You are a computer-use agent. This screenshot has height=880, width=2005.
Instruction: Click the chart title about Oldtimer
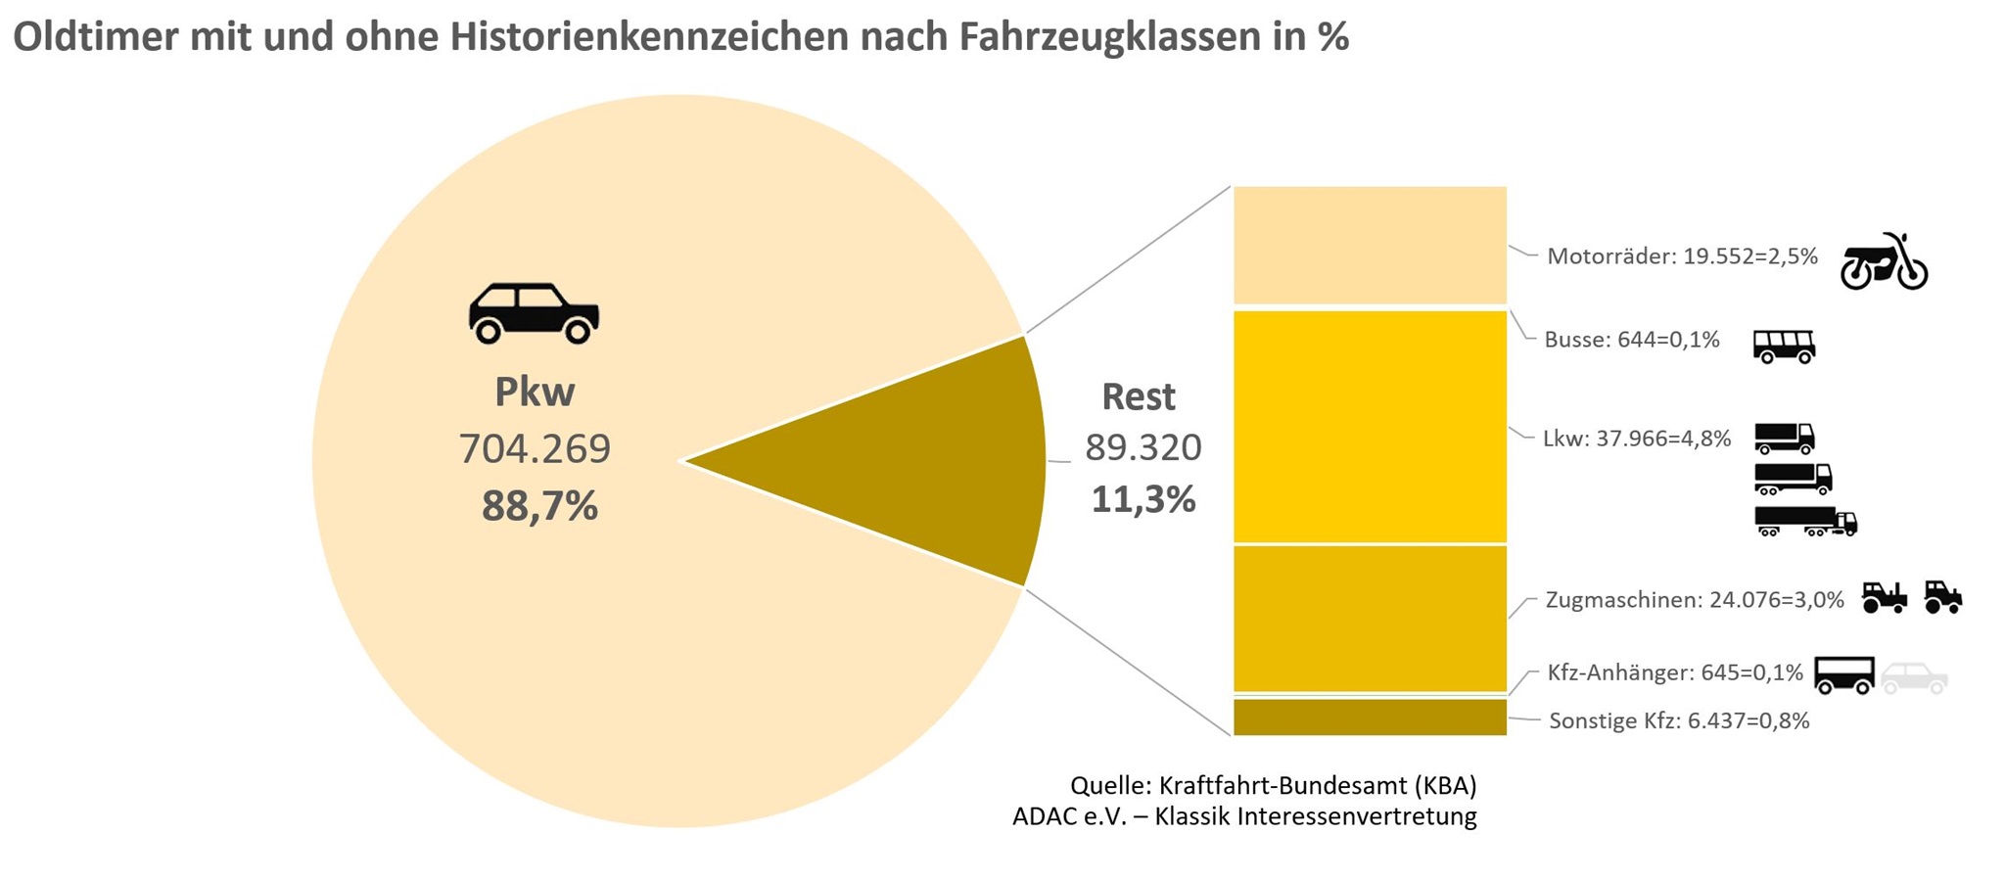pos(680,37)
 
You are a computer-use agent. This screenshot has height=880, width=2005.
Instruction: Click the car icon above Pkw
pos(534,313)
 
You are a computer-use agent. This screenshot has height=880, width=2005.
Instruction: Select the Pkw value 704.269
pos(535,448)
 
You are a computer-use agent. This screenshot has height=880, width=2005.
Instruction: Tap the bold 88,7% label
pos(539,506)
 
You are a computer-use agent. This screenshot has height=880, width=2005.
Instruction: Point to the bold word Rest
pos(1138,396)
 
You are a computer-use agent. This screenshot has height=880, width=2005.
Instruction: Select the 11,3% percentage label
pos(1143,499)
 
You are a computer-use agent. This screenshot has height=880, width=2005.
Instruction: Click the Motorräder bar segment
pos(1369,245)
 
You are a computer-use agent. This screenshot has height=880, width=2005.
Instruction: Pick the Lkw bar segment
pos(1369,426)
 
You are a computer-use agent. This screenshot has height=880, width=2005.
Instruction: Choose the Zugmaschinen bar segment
pos(1369,619)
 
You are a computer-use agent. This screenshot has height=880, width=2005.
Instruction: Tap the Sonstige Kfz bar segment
pos(1369,717)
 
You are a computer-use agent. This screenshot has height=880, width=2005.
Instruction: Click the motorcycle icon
pos(1883,262)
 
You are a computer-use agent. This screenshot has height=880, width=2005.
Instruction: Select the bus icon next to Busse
pos(1783,346)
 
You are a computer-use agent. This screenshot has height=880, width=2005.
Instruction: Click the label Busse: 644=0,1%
pos(1631,340)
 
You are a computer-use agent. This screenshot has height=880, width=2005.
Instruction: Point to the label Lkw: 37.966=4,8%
pos(1637,438)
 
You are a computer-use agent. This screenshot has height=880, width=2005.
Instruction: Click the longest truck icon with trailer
pos(1805,522)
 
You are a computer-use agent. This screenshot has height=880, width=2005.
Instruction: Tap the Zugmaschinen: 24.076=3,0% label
pos(1694,599)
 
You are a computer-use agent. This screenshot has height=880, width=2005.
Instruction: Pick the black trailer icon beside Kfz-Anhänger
pos(1844,674)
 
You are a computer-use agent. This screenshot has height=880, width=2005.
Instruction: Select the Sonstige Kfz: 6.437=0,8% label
pos(1679,720)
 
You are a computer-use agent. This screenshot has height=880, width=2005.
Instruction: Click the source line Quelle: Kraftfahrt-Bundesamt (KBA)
pos(1273,785)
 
